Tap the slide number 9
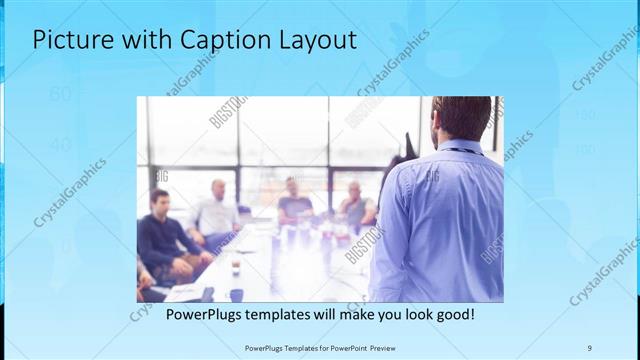tap(589, 348)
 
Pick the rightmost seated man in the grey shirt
tap(355, 205)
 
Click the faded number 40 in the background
tap(60, 145)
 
